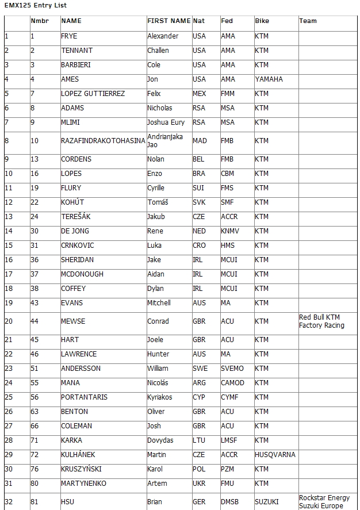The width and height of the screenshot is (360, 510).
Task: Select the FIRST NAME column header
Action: click(x=168, y=21)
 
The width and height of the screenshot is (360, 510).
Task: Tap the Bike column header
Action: click(x=262, y=21)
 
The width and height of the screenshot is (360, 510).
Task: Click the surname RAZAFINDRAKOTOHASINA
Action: click(x=103, y=141)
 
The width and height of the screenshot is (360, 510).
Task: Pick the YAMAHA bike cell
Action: click(x=269, y=79)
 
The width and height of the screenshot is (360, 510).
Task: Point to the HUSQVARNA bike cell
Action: click(x=275, y=455)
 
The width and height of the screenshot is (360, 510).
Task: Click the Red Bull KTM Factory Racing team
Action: click(x=321, y=321)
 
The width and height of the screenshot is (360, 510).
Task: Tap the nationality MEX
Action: click(x=199, y=94)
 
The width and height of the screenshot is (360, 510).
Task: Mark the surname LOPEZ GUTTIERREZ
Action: click(x=93, y=94)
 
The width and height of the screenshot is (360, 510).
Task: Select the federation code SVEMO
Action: click(x=232, y=369)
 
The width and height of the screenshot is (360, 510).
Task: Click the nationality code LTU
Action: click(x=198, y=440)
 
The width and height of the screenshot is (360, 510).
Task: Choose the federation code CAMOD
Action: click(x=232, y=383)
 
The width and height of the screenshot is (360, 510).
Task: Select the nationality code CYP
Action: click(x=198, y=397)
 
